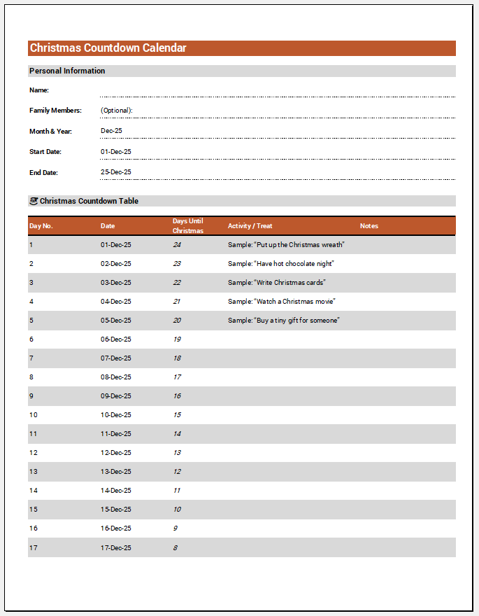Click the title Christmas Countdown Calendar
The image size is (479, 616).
(x=108, y=48)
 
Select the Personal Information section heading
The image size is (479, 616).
(x=67, y=71)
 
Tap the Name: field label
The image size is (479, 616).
(x=39, y=90)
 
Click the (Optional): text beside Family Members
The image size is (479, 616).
(x=117, y=111)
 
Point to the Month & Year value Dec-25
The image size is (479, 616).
(x=111, y=131)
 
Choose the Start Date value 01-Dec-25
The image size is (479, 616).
(x=116, y=151)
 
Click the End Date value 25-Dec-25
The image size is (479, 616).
(x=116, y=172)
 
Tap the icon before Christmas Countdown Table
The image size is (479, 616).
(x=34, y=201)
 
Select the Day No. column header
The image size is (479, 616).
(x=41, y=226)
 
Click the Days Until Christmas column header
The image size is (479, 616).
(x=188, y=226)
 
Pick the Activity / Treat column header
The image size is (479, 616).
(x=250, y=226)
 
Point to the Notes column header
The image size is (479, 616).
(x=369, y=226)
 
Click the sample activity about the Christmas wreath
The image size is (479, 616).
(x=286, y=245)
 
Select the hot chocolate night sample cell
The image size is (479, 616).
(x=281, y=264)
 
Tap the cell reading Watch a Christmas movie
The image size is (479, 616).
(x=282, y=302)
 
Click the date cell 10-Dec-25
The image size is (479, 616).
(x=116, y=415)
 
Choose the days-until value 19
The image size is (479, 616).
(x=177, y=339)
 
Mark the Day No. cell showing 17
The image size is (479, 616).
(x=33, y=547)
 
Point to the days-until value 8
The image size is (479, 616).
(x=176, y=547)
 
